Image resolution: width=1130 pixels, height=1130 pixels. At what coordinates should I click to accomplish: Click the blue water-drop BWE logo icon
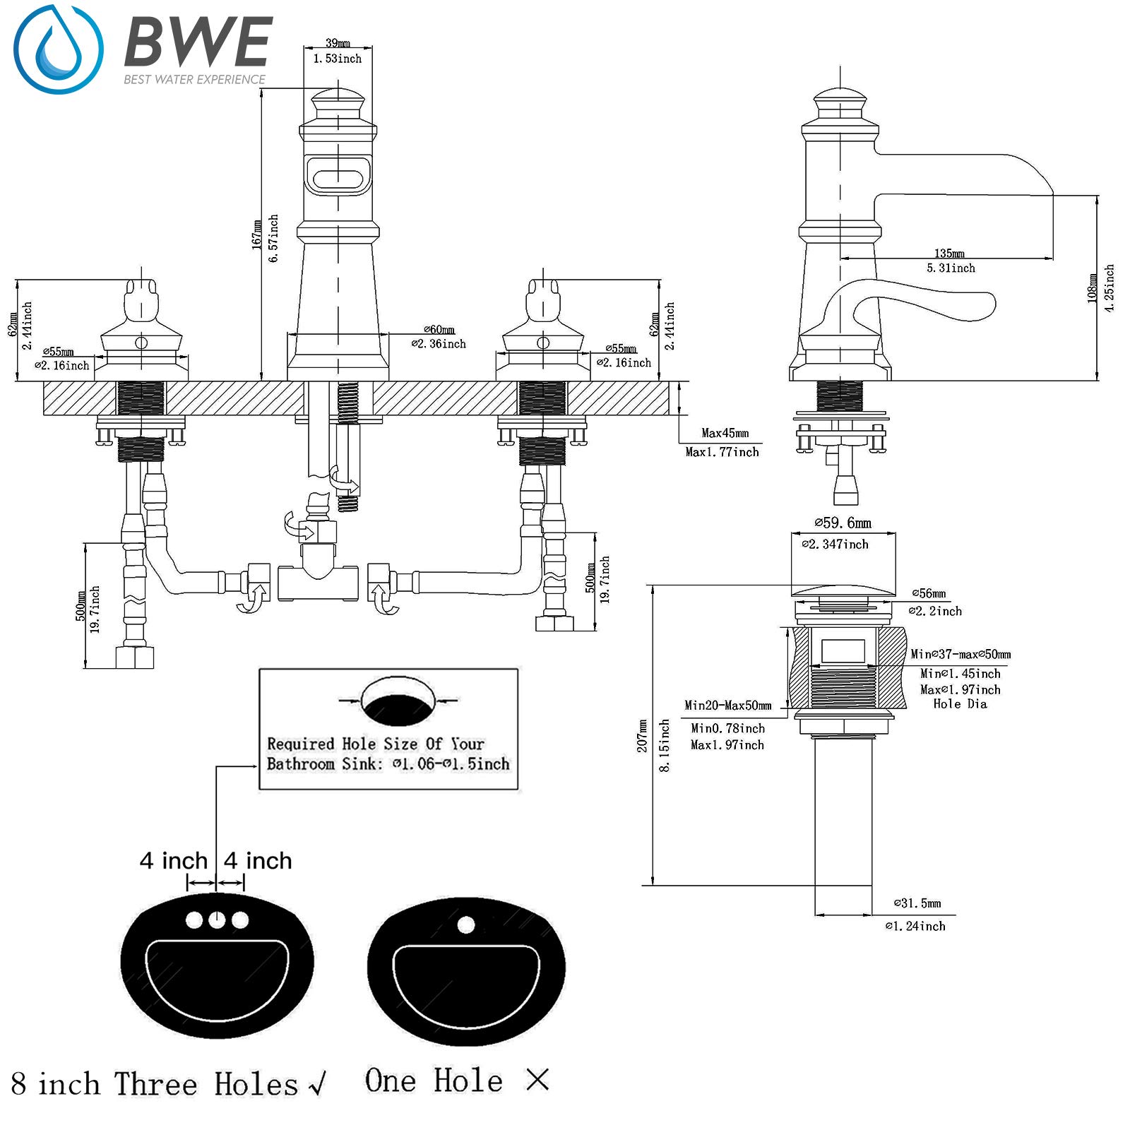pos(58,49)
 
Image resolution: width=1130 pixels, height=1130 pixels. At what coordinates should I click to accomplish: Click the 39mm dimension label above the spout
pos(338,43)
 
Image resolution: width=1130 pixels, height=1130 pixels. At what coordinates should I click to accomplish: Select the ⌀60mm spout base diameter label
pos(439,329)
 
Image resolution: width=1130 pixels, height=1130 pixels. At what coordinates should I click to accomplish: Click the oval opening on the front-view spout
pos(338,174)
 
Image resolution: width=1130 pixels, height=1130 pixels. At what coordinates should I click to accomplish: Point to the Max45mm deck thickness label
pos(725,433)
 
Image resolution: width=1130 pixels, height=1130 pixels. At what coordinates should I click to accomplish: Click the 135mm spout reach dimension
pos(949,253)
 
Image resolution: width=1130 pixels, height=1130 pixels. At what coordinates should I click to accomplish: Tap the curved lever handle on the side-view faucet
pos(918,300)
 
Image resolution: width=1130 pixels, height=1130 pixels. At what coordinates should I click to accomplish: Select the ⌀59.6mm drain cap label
pos(843,523)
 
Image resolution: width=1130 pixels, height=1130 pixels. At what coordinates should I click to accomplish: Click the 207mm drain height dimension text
pos(643,736)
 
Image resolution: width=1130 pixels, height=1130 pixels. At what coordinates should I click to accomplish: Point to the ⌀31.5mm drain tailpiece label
pos(917,903)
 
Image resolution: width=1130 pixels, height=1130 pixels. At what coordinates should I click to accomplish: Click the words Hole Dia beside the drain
pos(960,703)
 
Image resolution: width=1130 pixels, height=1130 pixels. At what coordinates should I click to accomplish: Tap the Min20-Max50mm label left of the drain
pos(727,705)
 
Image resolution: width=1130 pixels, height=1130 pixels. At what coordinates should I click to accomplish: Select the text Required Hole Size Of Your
pos(375,744)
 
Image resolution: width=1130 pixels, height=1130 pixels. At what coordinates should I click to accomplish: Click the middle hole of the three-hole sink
pos(216,920)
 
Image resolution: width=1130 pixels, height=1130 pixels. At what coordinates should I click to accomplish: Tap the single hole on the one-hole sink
pos(465,924)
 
